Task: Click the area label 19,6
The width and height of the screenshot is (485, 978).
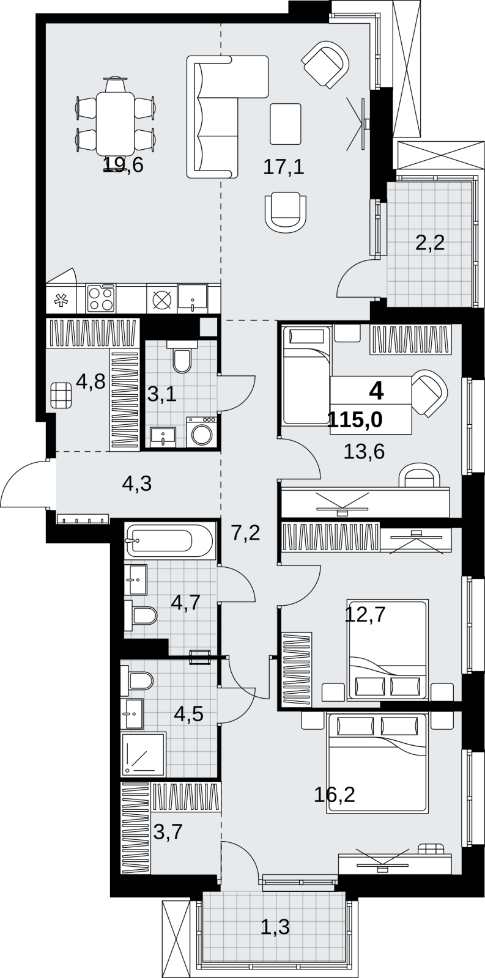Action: (124, 165)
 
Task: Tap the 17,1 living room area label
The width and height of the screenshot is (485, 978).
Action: (284, 167)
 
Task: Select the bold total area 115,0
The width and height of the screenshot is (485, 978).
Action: (355, 420)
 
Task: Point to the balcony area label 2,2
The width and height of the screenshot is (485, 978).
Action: (430, 243)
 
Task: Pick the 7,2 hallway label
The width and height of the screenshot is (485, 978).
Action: (246, 533)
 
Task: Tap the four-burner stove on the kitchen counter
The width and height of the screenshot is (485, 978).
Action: (102, 298)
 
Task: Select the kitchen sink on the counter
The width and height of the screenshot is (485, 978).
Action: (192, 298)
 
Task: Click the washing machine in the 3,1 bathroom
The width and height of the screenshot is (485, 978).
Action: (201, 432)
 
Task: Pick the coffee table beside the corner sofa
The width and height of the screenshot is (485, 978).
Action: (286, 124)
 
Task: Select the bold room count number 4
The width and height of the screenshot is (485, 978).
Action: (376, 391)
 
